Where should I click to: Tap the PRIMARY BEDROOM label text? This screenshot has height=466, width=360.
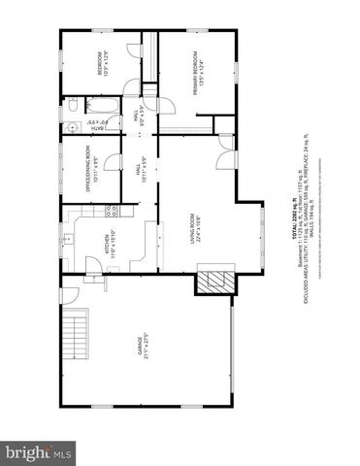pos(198,73)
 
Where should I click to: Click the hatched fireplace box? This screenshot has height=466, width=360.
pos(214,281)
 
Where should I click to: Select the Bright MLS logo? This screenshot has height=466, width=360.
pos(39,452)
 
